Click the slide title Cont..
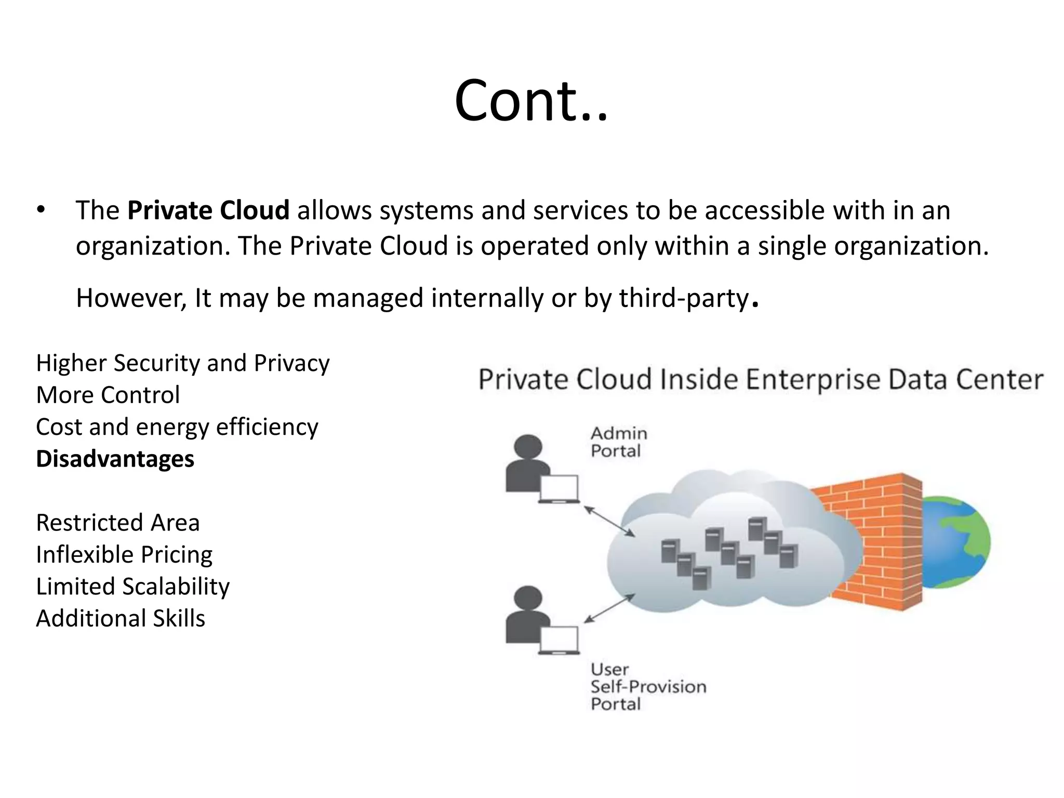pos(531,101)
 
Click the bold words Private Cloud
pos(208,210)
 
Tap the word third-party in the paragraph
pos(683,298)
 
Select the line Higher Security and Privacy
pos(183,363)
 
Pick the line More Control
pos(108,395)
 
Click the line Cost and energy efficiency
pos(177,427)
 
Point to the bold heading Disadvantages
pos(115,459)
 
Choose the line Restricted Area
pos(118,523)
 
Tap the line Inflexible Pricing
pos(124,555)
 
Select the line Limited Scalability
pos(132,587)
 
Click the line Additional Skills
pos(121,619)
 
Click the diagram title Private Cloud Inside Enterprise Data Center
pos(761,379)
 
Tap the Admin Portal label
pos(619,442)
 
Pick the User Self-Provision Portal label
pos(648,687)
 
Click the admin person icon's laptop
pos(559,488)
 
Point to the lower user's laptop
pos(559,640)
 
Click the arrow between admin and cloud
pos(609,521)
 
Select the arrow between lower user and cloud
pos(609,608)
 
